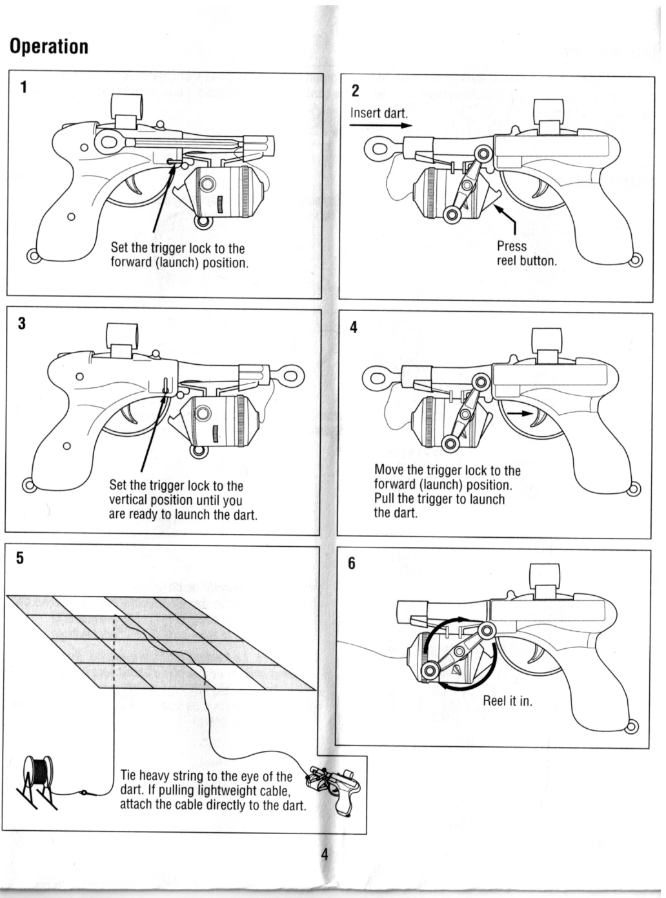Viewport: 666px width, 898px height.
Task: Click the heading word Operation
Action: pyautogui.click(x=48, y=46)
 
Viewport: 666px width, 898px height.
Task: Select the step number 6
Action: pyautogui.click(x=352, y=564)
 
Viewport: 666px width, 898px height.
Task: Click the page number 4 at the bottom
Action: pyautogui.click(x=325, y=855)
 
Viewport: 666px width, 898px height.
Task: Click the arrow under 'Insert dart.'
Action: pyautogui.click(x=380, y=126)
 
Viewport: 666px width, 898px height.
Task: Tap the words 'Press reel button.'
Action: pyautogui.click(x=526, y=254)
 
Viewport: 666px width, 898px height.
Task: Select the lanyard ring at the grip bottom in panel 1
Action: pyautogui.click(x=33, y=255)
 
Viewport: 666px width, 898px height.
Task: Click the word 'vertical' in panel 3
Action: pyautogui.click(x=128, y=500)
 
